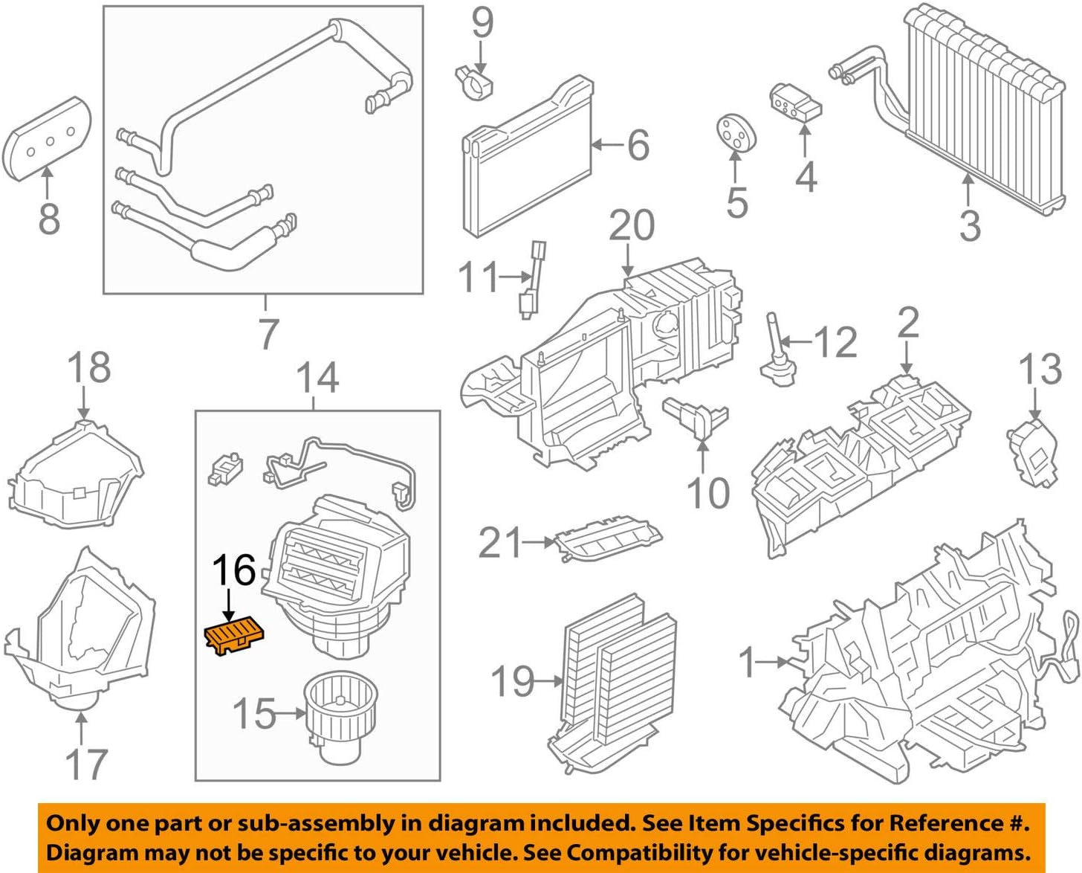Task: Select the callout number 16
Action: click(233, 571)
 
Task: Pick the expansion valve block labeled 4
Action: click(795, 103)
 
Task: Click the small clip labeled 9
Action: click(473, 81)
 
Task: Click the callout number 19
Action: click(513, 680)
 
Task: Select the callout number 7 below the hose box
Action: click(268, 333)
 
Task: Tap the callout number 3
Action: click(969, 224)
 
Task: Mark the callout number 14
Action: click(317, 377)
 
